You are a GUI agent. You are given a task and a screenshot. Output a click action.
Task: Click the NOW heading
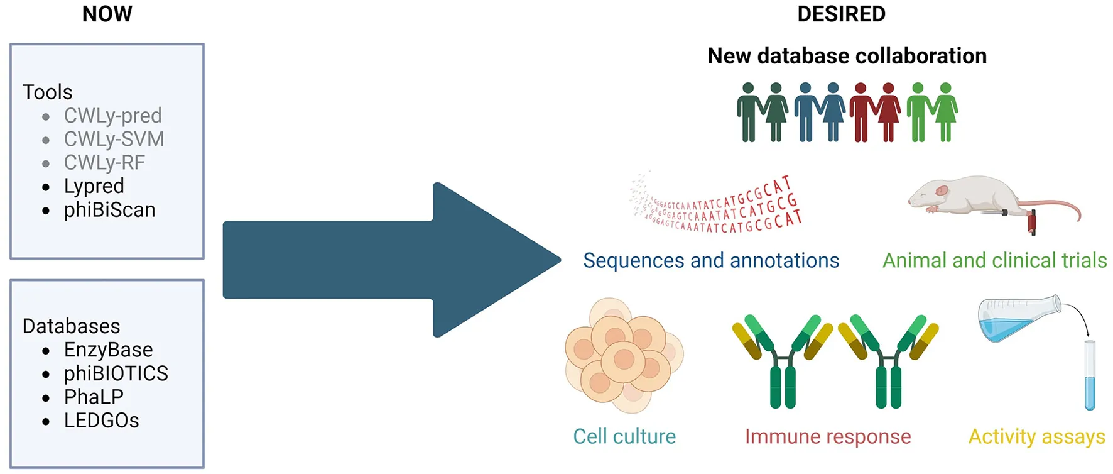tap(107, 14)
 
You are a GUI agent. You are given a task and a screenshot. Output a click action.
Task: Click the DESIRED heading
tap(841, 14)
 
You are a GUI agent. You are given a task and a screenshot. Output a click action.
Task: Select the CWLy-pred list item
tap(113, 116)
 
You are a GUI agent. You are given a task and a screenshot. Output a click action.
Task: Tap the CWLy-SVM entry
tap(114, 139)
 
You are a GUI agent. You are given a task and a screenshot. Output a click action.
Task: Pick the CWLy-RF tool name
tap(104, 163)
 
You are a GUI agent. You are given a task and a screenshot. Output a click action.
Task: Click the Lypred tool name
tap(94, 186)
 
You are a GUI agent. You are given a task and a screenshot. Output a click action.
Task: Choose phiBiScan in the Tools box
tap(110, 210)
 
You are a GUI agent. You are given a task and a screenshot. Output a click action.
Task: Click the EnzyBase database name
tap(109, 350)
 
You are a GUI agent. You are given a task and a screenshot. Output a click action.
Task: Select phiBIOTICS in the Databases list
tap(116, 373)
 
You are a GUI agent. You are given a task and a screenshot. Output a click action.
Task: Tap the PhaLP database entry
tap(94, 397)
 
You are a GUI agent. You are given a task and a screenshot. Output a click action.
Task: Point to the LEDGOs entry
tap(102, 421)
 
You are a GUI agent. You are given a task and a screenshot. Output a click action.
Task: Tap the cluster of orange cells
tap(624, 355)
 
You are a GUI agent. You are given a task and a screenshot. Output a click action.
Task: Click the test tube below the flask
tap(1090, 375)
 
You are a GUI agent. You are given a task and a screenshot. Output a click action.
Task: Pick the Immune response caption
tap(828, 436)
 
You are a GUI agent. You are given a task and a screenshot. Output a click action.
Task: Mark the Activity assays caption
tap(1036, 436)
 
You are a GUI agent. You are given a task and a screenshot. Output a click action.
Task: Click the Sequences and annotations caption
tap(711, 260)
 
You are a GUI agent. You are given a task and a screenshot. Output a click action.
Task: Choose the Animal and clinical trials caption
tap(994, 260)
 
